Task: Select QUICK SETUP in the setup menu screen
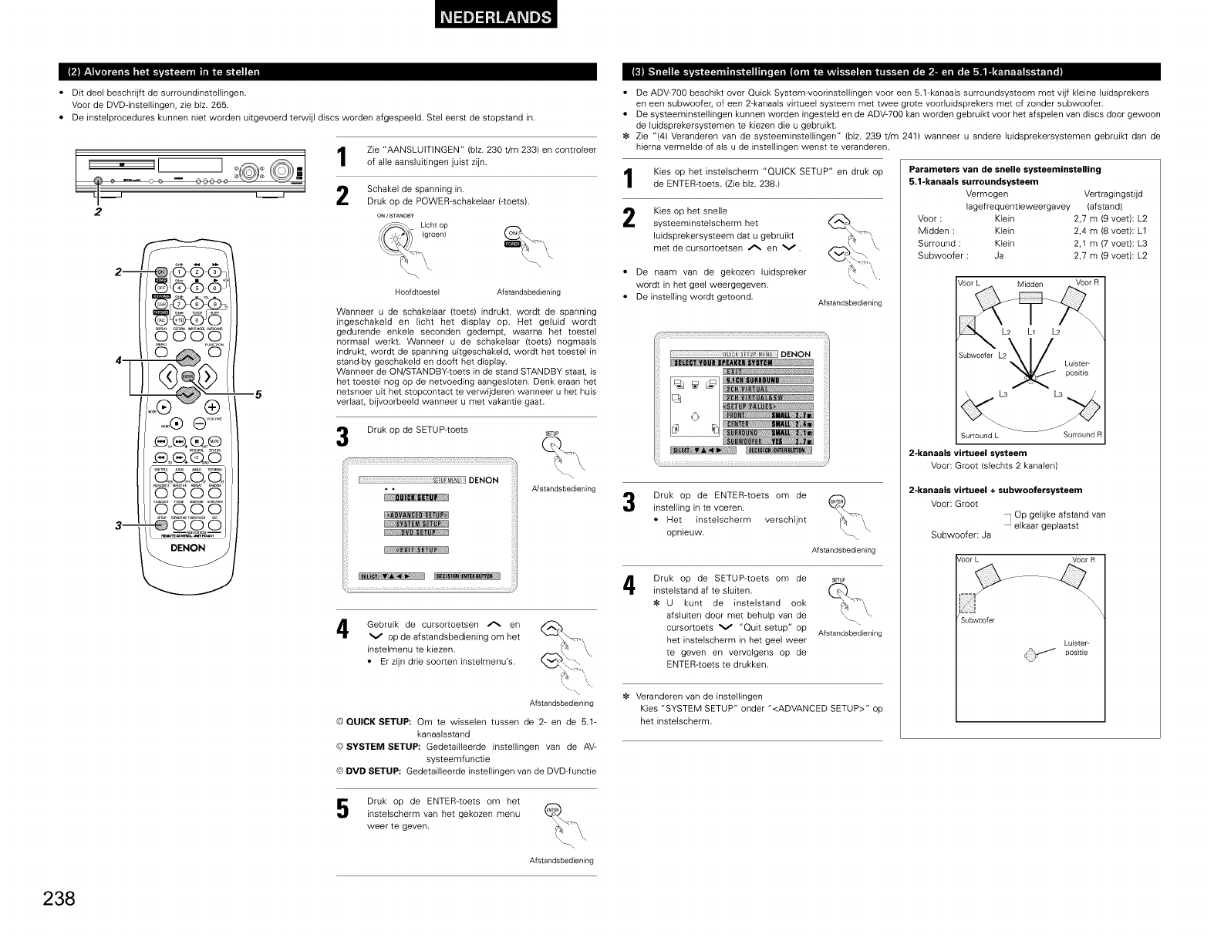click(x=416, y=496)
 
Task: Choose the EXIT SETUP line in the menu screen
click(x=416, y=550)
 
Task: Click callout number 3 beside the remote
click(x=116, y=526)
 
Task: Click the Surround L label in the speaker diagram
click(x=980, y=435)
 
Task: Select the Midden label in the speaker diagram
click(x=1030, y=284)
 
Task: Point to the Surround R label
click(x=1083, y=434)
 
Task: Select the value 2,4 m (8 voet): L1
click(x=1110, y=231)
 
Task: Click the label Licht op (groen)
click(x=434, y=230)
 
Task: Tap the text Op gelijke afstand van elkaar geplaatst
click(x=1060, y=520)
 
